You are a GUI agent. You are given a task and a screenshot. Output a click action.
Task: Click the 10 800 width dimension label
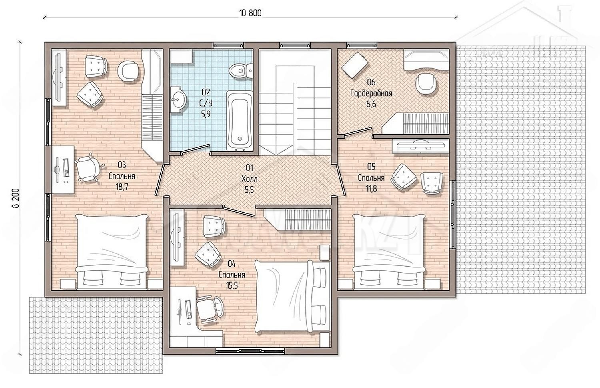[250, 13]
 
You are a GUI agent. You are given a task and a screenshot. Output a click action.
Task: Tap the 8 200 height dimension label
[16, 198]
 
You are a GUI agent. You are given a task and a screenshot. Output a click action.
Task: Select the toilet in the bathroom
[241, 70]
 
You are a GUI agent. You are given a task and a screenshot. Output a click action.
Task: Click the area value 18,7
[122, 187]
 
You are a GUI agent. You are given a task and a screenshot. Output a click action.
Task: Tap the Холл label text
[249, 179]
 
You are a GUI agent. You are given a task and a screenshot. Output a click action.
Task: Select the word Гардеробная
[371, 94]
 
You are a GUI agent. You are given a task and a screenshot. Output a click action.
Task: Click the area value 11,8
[371, 188]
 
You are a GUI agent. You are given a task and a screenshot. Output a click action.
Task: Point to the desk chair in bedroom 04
[210, 308]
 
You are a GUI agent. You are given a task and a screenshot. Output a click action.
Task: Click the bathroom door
[195, 149]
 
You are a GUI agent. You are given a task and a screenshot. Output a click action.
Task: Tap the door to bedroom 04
[240, 211]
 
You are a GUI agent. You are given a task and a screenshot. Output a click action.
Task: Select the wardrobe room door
[358, 132]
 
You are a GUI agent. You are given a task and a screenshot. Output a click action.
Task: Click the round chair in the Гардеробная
[426, 84]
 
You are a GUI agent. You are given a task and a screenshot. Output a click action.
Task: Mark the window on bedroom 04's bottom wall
[250, 351]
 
